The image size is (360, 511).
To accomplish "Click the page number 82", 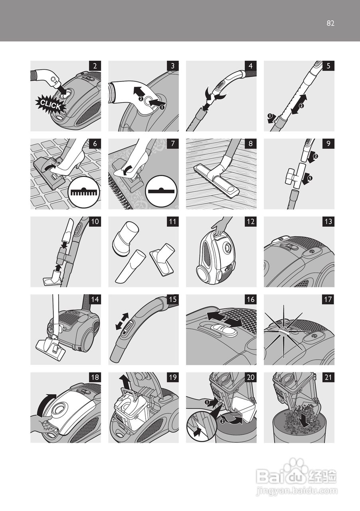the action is tap(330, 23).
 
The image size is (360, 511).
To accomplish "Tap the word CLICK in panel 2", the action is tap(50, 105).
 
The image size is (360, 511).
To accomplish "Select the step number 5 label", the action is tap(328, 66).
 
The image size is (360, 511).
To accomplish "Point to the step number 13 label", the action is tap(328, 222).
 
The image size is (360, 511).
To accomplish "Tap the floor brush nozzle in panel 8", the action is tap(217, 180).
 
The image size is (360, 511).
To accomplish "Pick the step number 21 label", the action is tap(328, 378).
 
